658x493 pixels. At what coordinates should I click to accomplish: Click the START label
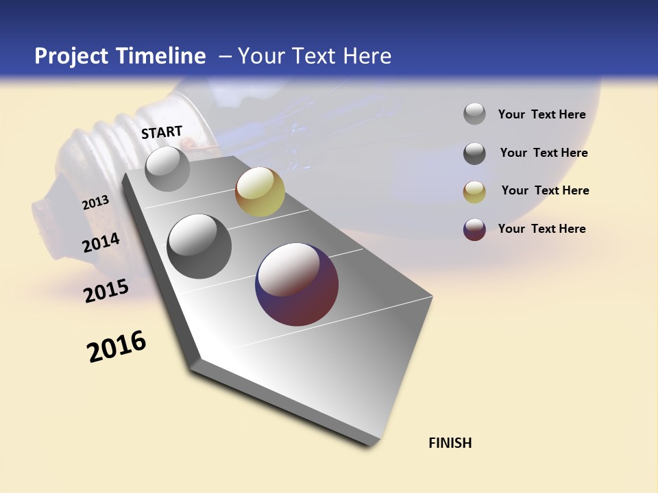tap(162, 132)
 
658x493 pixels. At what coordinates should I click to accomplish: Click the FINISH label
tap(450, 443)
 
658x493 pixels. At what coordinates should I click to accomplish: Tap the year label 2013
tap(95, 203)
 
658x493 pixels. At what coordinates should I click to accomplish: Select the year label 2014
tap(101, 243)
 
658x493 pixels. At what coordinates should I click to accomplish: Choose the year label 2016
tap(117, 346)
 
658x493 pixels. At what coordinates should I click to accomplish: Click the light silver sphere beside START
tap(167, 168)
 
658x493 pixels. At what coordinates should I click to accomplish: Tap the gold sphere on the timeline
tap(260, 192)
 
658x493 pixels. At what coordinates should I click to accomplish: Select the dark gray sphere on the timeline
tap(199, 246)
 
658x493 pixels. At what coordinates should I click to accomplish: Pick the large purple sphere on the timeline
tap(297, 284)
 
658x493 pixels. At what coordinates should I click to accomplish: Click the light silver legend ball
tap(474, 114)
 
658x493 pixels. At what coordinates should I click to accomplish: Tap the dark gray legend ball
tap(474, 153)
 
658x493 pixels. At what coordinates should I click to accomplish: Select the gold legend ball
tap(474, 192)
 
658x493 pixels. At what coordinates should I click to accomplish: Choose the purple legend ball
tap(474, 229)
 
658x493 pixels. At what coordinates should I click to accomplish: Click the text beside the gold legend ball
tap(545, 190)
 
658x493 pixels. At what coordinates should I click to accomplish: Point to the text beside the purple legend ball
tap(541, 229)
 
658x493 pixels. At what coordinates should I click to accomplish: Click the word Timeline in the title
tap(160, 56)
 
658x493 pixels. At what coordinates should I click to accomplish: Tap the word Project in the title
tap(71, 56)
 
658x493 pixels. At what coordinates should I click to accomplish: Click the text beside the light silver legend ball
tap(541, 114)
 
